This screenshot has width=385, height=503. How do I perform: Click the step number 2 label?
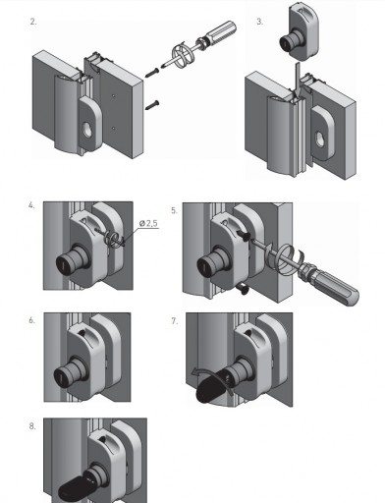click(33, 22)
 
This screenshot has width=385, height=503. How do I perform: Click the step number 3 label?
click(259, 22)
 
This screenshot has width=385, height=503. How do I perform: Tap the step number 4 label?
click(31, 205)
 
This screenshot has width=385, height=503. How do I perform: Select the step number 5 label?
click(174, 210)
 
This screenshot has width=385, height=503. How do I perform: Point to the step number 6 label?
click(31, 320)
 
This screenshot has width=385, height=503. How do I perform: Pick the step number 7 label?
click(175, 321)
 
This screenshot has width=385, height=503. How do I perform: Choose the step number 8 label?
click(32, 426)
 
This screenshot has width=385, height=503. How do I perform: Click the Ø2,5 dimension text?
click(148, 223)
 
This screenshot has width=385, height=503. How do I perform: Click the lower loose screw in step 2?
click(152, 105)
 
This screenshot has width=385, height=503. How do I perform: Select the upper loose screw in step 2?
click(152, 73)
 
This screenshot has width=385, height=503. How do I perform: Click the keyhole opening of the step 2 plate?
click(88, 130)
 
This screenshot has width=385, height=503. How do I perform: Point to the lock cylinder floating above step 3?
click(299, 32)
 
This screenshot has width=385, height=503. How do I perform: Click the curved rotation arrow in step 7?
click(213, 376)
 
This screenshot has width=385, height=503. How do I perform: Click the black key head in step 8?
click(72, 488)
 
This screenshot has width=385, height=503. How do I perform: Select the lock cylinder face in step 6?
click(62, 375)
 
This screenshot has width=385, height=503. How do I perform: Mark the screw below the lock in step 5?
click(243, 289)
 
